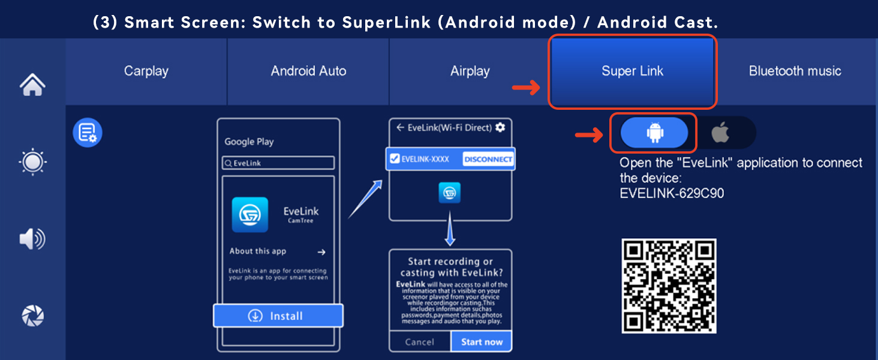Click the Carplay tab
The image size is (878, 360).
pos(146,71)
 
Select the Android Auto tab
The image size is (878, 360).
pos(308,71)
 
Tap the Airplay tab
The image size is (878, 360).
pos(470,71)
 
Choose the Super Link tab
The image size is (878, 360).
pos(632,71)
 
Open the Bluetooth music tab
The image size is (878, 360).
pos(795,71)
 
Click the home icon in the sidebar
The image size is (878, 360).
pos(32,85)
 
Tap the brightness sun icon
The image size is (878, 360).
pos(32,162)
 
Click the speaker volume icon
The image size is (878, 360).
pos(32,239)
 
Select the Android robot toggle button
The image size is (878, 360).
pos(654,133)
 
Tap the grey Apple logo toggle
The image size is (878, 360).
pos(721,133)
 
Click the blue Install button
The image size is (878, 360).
pos(278,316)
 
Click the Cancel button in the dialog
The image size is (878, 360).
pos(419,342)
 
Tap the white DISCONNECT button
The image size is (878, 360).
pos(488,159)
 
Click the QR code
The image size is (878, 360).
pos(669,286)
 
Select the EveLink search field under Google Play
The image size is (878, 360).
pos(278,163)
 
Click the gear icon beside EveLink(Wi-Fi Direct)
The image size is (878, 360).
pos(500,127)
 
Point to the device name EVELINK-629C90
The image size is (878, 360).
pos(672,193)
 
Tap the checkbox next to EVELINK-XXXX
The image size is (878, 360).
pos(395,159)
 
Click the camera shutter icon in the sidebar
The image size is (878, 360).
pos(32,316)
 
